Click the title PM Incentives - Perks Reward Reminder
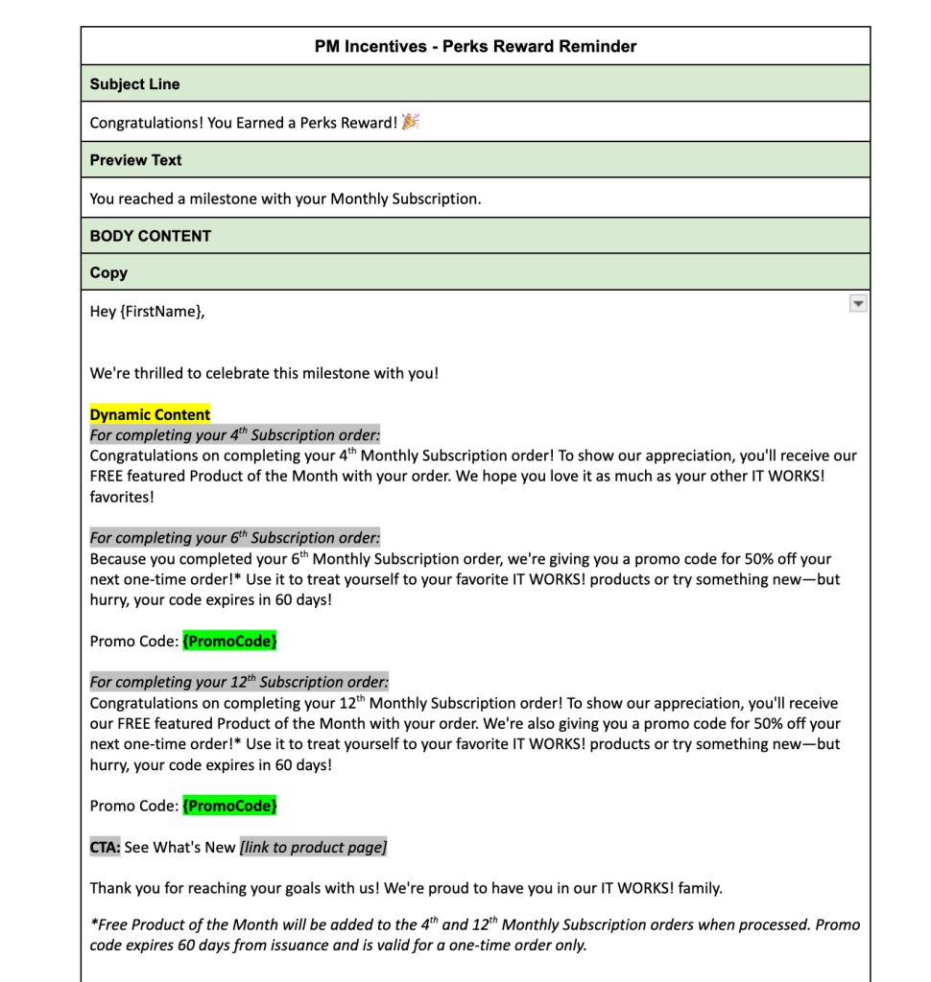(475, 46)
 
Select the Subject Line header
(134, 84)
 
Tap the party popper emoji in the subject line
(411, 122)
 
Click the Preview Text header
(135, 160)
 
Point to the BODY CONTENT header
(150, 236)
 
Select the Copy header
(108, 273)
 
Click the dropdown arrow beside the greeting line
(858, 303)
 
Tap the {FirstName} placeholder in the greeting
(160, 312)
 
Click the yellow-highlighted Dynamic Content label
(150, 415)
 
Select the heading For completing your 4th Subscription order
(234, 434)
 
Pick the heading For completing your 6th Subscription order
(234, 538)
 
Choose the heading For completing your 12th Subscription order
(239, 682)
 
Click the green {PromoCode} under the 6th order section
(229, 641)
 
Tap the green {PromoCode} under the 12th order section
(229, 806)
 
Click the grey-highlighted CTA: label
(105, 847)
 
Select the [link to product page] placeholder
(313, 847)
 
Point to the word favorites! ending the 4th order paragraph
(122, 497)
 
